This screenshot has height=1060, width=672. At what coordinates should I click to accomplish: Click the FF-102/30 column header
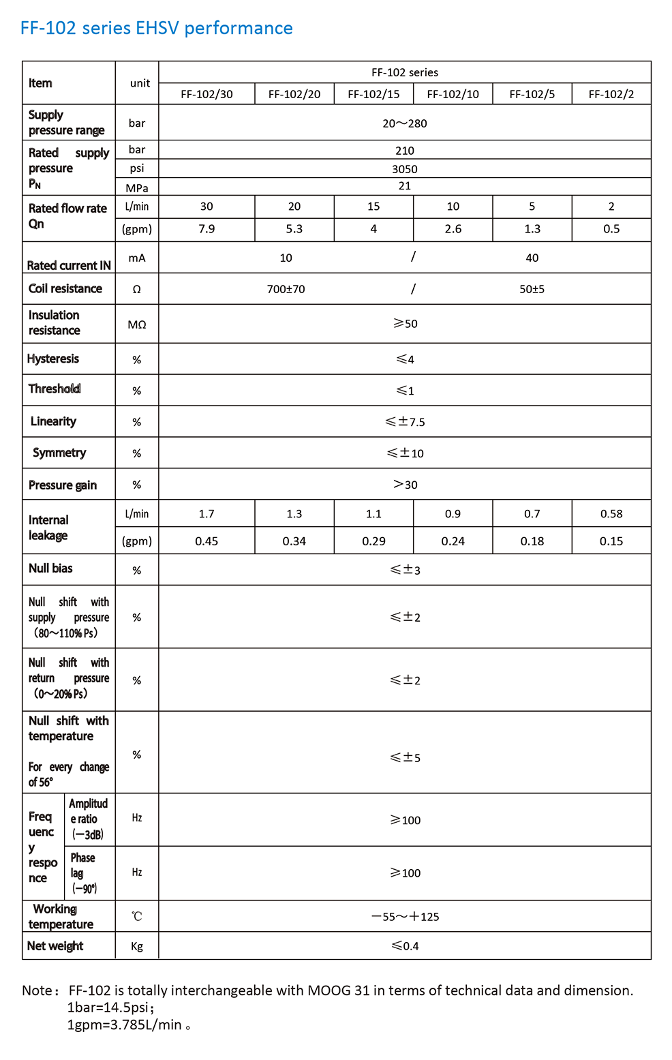click(207, 94)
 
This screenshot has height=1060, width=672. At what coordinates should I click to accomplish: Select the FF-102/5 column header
click(532, 94)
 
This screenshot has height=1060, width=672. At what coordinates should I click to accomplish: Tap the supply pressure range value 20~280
click(405, 123)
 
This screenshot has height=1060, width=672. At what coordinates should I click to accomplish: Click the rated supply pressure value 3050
click(405, 169)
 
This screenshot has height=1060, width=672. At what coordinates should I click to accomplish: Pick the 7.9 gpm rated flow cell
click(207, 229)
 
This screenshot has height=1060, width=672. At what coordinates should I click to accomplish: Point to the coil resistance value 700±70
click(286, 289)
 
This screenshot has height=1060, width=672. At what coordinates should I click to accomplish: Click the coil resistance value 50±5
click(532, 289)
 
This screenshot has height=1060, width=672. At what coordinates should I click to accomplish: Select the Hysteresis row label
click(53, 359)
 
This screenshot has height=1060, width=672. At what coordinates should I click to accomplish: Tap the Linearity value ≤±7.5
click(405, 422)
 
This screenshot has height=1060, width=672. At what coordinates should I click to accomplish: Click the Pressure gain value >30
click(405, 485)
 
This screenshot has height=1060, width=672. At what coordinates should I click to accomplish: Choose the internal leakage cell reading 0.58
click(611, 514)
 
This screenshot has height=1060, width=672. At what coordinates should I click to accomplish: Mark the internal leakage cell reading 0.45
click(207, 541)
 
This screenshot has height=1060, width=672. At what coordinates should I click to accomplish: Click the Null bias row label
click(50, 569)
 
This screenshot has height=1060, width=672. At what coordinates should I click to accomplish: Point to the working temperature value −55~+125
click(405, 917)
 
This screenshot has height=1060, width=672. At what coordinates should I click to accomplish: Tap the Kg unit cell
click(137, 946)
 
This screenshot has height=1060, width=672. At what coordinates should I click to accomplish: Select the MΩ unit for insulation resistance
click(137, 324)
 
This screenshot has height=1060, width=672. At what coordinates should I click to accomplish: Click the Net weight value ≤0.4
click(405, 946)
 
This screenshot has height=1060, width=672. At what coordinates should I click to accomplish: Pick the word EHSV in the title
click(158, 28)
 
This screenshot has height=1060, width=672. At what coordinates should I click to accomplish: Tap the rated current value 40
click(532, 258)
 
